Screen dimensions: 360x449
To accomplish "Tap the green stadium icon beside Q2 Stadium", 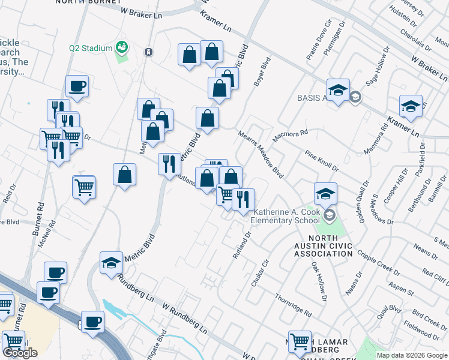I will coord(122,47).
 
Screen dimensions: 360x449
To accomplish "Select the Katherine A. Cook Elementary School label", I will coord(286,216).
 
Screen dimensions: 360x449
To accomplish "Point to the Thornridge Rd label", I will coord(293,305).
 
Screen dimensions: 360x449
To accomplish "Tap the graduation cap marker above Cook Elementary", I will coord(325,193).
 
